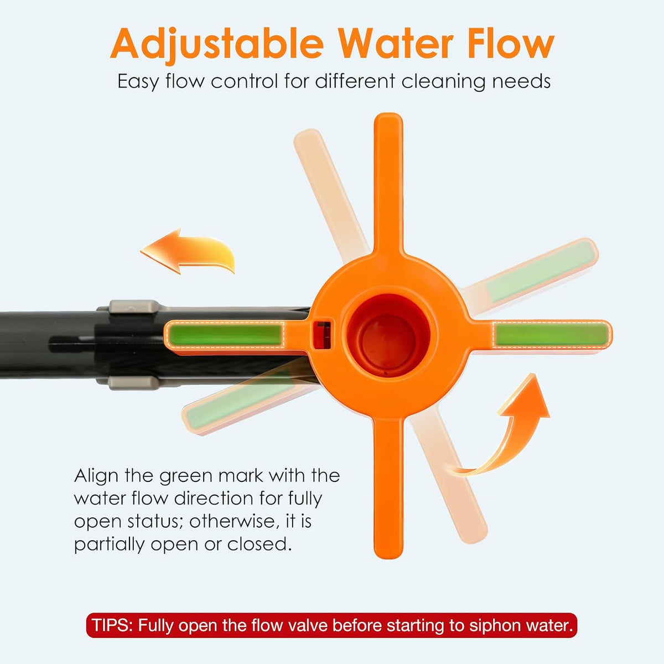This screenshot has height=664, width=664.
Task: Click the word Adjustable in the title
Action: tap(217, 44)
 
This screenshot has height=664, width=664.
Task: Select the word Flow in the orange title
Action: tap(510, 44)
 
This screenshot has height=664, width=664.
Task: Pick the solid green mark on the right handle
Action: tap(551, 334)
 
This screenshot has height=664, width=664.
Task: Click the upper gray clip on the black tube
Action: tap(134, 307)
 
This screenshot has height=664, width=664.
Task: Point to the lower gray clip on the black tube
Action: tap(134, 383)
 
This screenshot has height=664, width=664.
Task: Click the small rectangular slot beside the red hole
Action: tap(323, 335)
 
